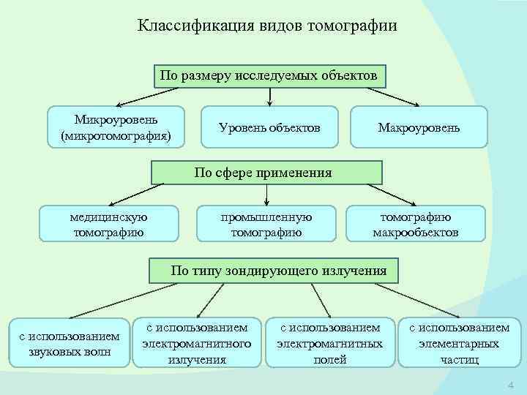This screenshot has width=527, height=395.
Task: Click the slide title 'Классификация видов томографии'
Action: [267, 26]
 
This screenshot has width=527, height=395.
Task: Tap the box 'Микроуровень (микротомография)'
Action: [117, 127]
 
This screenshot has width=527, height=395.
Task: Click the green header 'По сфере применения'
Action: [267, 173]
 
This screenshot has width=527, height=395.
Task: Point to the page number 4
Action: [511, 385]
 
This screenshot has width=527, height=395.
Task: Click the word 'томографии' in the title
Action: [358, 26]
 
